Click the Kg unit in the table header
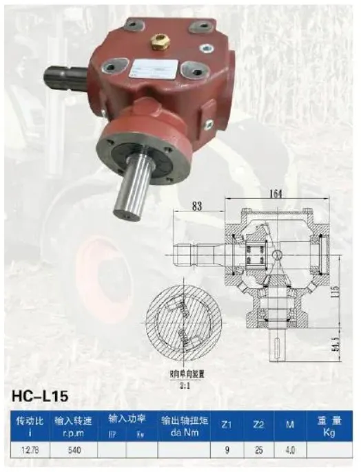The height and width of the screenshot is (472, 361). pyautogui.click(x=329, y=432)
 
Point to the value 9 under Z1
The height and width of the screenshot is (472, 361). pyautogui.click(x=227, y=450)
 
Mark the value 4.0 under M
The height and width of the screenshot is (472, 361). pyautogui.click(x=291, y=450)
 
